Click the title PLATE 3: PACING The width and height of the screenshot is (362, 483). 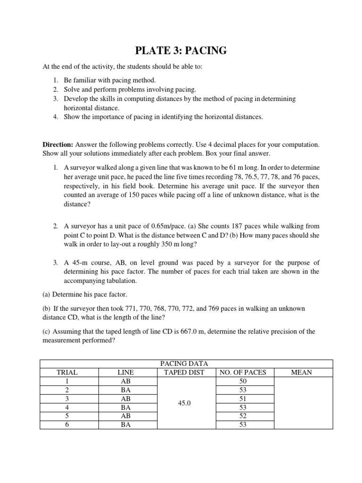coord(181,50)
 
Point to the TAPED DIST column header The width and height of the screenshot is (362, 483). coord(186,372)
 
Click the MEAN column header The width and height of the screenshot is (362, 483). coord(303,372)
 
